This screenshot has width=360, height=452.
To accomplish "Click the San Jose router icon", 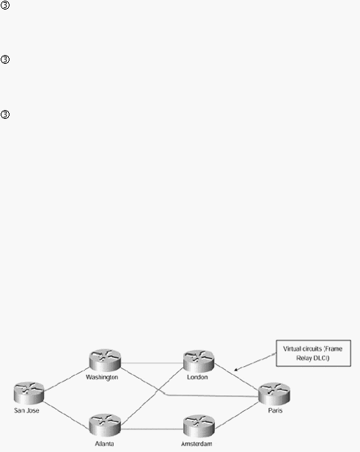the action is coord(29,393).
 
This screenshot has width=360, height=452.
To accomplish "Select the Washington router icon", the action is coord(105,360).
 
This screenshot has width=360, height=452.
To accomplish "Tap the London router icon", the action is coord(199,360).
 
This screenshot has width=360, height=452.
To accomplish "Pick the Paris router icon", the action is coord(274,393).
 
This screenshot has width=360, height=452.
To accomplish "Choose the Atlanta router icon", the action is coord(105,425).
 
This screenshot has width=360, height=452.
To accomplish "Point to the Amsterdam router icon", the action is coord(199,426).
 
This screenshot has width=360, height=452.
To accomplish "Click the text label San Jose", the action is coord(26,410).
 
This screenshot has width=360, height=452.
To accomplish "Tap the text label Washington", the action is coord(102,377).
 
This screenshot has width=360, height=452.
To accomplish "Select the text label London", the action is coord(197,377).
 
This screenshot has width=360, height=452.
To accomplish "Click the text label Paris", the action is coord(275,410).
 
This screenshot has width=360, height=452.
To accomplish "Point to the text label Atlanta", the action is coord(104,444).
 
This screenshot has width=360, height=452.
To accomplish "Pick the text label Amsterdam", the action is coord(196,444).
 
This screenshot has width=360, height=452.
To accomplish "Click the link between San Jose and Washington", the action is coord(67,379).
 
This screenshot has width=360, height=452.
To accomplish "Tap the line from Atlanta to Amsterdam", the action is coord(152,429).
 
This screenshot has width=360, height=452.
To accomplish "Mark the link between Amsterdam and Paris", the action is coord(237,415).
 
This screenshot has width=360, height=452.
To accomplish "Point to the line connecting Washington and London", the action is coord(152,363).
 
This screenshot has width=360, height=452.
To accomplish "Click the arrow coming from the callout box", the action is coord(255,362).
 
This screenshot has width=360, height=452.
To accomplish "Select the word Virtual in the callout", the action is coord(292,349).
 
